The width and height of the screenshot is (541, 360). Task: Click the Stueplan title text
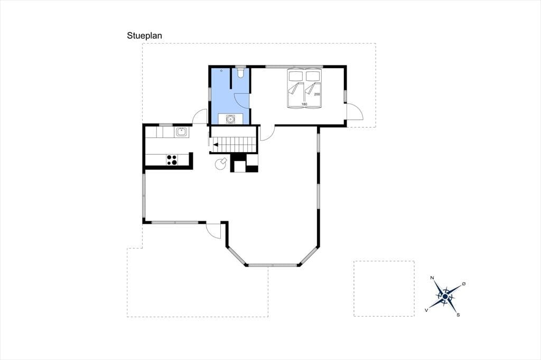pyautogui.click(x=144, y=35)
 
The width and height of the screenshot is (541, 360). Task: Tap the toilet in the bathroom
pyautogui.click(x=240, y=72)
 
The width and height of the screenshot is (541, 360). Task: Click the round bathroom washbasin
pyautogui.click(x=230, y=119)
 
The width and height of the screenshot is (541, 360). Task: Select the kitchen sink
pyautogui.click(x=182, y=132)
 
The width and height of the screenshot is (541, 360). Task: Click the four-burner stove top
pyautogui.click(x=172, y=159)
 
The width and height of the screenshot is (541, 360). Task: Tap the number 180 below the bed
pyautogui.click(x=304, y=104)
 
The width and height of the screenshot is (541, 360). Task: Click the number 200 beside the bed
pyautogui.click(x=317, y=94)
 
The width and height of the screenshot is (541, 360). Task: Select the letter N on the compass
pyautogui.click(x=432, y=278)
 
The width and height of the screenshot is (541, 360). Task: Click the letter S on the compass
pyautogui.click(x=458, y=315)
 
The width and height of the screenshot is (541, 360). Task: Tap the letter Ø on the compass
pyautogui.click(x=463, y=283)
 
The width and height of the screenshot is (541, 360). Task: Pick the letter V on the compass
pyautogui.click(x=427, y=310)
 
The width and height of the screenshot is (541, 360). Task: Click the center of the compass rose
pyautogui.click(x=445, y=296)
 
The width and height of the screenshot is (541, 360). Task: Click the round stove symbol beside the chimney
pyautogui.click(x=221, y=164)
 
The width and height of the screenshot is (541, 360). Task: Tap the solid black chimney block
pyautogui.click(x=252, y=169)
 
